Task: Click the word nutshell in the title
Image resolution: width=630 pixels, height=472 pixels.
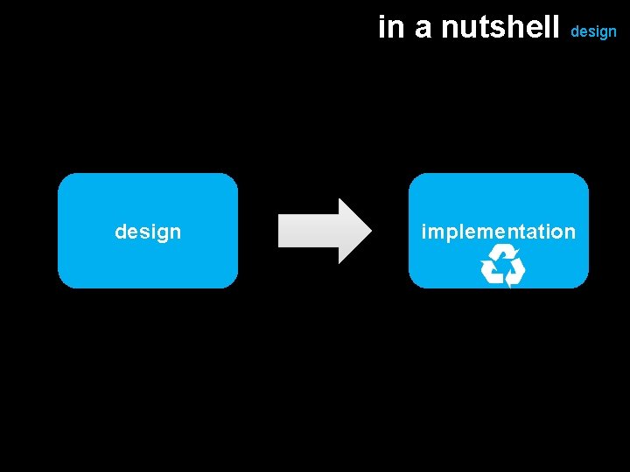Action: [500, 28]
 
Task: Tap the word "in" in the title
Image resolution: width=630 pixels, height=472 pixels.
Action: [391, 28]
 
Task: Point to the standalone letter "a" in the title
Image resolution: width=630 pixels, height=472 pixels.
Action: [423, 30]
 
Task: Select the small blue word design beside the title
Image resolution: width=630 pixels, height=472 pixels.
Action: [593, 31]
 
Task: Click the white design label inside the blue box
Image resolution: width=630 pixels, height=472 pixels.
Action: [148, 232]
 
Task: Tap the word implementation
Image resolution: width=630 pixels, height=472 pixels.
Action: [498, 232]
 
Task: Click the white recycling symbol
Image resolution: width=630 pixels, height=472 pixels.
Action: [502, 267]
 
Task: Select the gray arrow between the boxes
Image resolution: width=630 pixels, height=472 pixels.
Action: [324, 231]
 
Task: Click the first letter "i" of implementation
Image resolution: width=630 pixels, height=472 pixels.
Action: [424, 232]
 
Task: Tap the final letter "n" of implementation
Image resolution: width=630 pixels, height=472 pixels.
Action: [570, 233]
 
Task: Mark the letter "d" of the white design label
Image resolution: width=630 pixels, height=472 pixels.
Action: [121, 232]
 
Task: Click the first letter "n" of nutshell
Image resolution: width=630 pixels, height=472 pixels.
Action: [450, 30]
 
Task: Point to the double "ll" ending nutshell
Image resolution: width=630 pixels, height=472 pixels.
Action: [553, 28]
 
